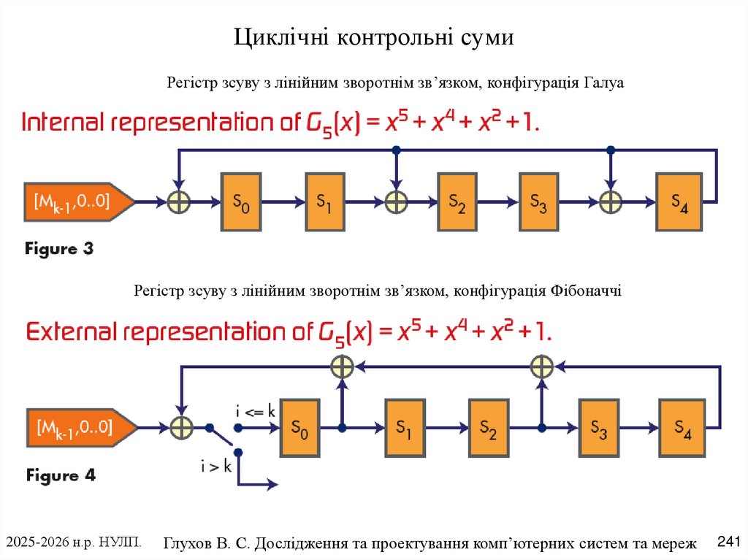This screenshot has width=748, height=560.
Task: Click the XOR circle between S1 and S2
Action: click(x=396, y=201)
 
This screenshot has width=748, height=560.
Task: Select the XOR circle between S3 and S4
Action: click(x=611, y=201)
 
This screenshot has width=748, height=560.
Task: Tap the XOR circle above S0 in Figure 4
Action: click(x=342, y=365)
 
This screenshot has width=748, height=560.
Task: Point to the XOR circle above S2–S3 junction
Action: click(x=541, y=365)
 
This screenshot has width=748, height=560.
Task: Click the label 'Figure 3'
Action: click(x=59, y=249)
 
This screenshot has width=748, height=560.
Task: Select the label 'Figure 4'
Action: click(x=61, y=475)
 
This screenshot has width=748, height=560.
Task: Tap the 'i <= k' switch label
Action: click(x=255, y=411)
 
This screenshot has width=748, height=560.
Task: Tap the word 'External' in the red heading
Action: click(x=70, y=331)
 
